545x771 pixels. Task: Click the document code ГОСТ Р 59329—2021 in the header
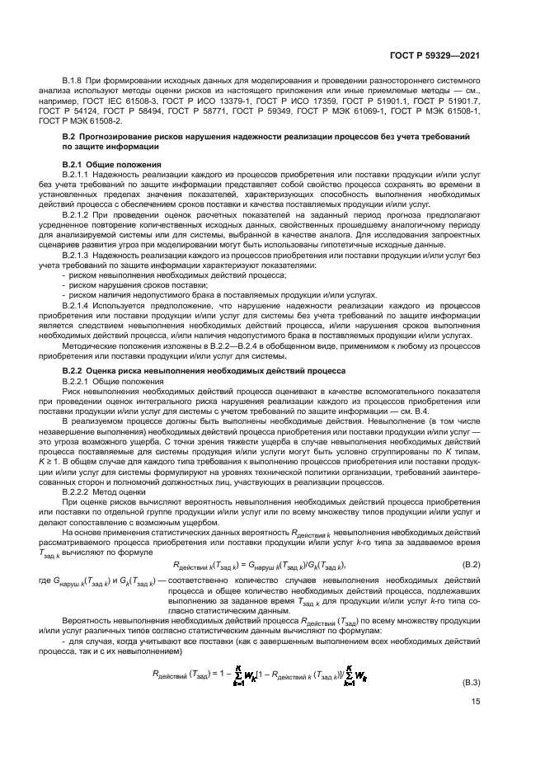point(441,56)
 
